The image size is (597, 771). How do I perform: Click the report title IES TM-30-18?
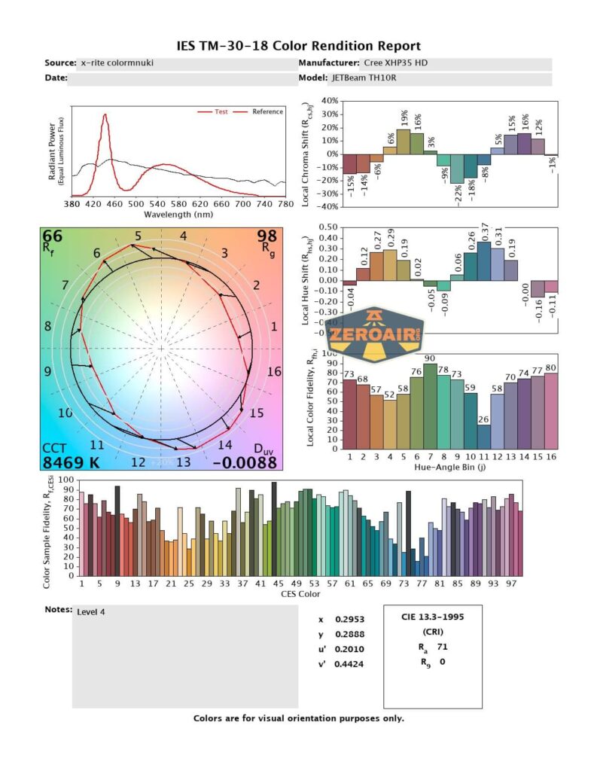(298, 46)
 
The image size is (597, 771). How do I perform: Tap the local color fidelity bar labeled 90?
(430, 406)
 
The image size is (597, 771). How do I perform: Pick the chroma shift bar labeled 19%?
(403, 142)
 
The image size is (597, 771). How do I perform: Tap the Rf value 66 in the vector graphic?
(53, 237)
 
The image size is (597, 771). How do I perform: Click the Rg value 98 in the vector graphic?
(267, 237)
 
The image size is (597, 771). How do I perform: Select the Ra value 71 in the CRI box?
(442, 646)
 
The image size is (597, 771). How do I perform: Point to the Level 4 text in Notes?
(91, 612)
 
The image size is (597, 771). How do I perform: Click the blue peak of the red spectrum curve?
(105, 115)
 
